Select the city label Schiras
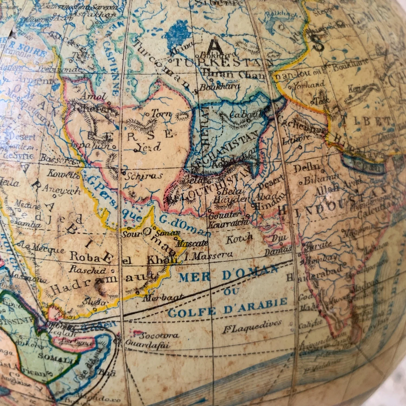(x=143, y=176)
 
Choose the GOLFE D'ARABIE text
(x=227, y=307)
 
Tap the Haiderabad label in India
(x=314, y=273)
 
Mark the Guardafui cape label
(x=148, y=345)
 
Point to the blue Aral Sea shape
(x=177, y=35)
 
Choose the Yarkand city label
(x=309, y=85)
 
